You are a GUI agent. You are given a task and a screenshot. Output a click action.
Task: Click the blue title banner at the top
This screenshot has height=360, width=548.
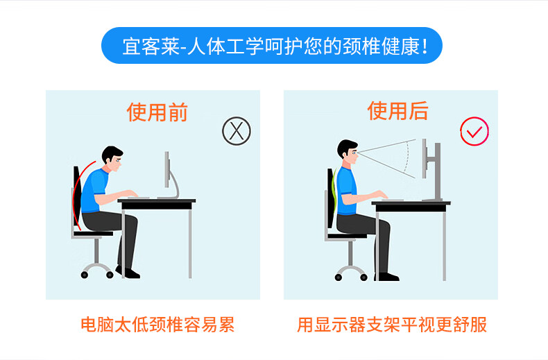pyautogui.click(x=272, y=46)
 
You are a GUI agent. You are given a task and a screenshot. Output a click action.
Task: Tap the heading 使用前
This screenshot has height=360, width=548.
pyautogui.click(x=157, y=112)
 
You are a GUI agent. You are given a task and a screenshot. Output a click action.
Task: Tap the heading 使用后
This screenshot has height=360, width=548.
pyautogui.click(x=397, y=111)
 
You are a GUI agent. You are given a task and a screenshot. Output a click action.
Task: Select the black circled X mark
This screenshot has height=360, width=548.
pyautogui.click(x=237, y=131)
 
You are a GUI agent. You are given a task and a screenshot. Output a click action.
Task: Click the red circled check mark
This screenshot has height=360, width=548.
pyautogui.click(x=474, y=131)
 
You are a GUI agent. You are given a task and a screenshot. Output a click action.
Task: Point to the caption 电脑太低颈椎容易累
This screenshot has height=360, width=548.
pyautogui.click(x=157, y=325)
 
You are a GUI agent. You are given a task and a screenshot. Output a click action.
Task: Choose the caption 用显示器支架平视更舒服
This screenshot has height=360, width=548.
pyautogui.click(x=392, y=325)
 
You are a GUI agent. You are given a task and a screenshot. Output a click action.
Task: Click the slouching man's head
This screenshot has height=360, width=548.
pyautogui.click(x=112, y=159)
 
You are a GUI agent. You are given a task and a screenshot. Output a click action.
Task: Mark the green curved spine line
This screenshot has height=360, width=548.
pyautogui.click(x=334, y=191)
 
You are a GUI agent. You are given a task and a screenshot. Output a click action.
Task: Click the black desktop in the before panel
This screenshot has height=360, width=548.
pyautogui.click(x=157, y=205)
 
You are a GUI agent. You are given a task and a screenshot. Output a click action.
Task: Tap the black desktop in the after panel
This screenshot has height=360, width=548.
pyautogui.click(x=411, y=207)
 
